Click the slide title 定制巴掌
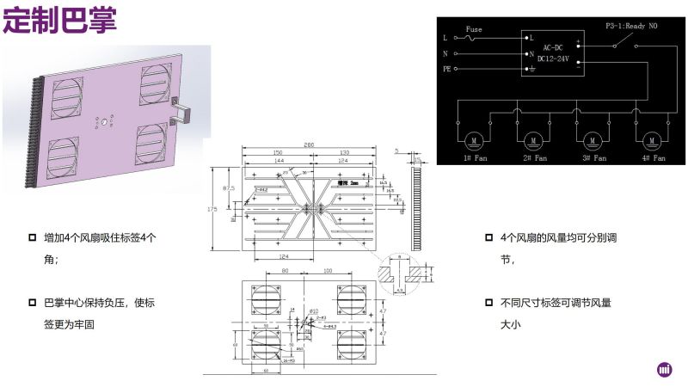click(x=59, y=21)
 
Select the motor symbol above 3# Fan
click(x=593, y=138)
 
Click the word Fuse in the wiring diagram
click(x=473, y=29)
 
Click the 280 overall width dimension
click(x=309, y=144)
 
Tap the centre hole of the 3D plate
click(x=104, y=124)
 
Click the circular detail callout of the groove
click(x=402, y=273)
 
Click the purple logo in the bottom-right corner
click(x=664, y=369)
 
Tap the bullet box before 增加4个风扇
click(x=32, y=237)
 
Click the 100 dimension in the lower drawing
click(x=328, y=272)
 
